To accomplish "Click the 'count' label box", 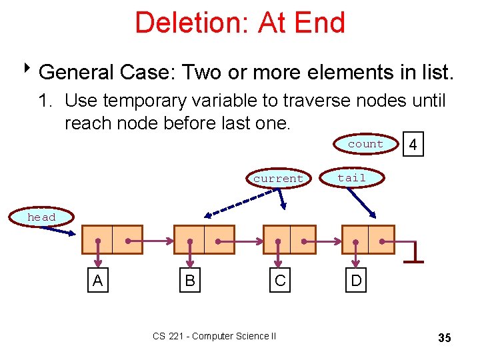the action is tap(365, 144).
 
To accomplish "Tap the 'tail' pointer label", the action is tap(351, 177).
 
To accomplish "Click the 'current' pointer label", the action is tap(278, 179).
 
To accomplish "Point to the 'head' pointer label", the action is tap(41, 217).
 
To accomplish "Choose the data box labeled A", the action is tap(98, 281).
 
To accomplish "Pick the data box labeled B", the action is tap(190, 281).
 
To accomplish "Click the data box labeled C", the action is tap(280, 281).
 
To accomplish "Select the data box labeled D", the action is tap(357, 281).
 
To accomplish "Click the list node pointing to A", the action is tap(112, 240).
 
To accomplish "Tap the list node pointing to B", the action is tap(204, 240).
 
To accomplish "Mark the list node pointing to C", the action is tap(289, 240).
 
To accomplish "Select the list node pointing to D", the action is tap(368, 240).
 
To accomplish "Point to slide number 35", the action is tap(445, 338).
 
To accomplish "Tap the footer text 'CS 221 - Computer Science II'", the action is tap(214, 337).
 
